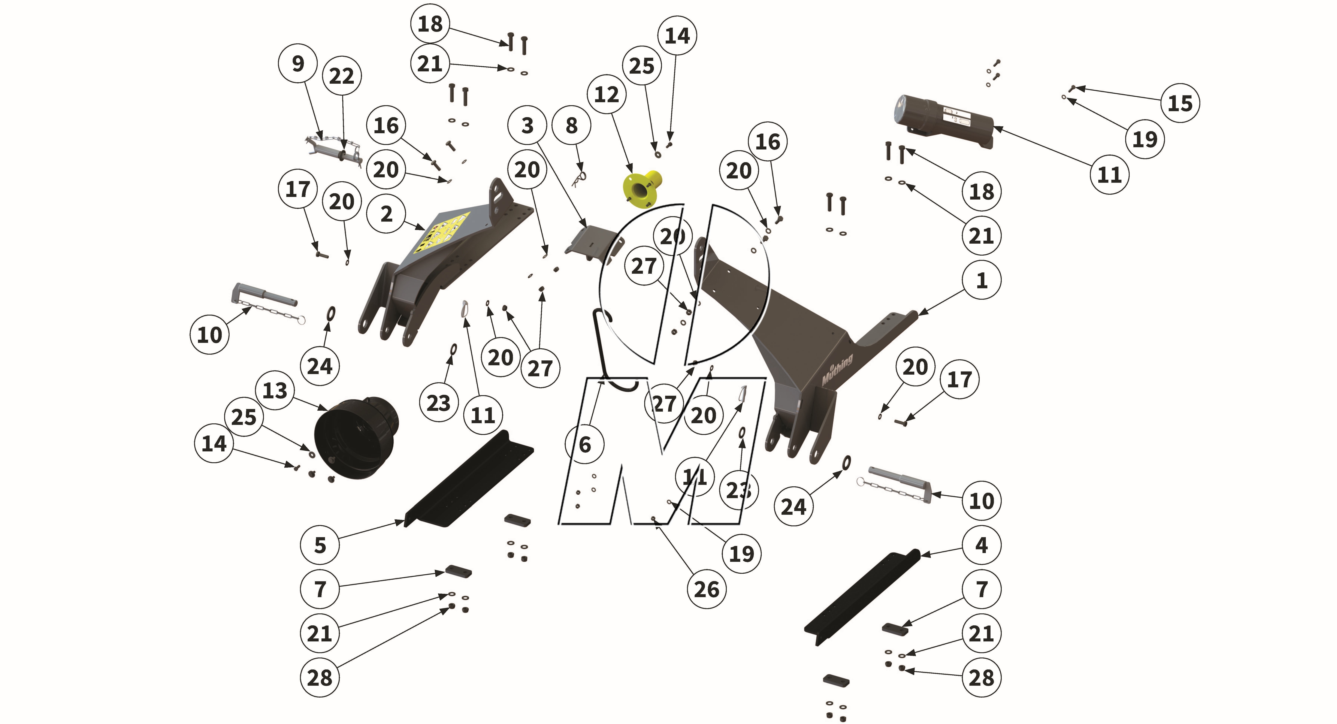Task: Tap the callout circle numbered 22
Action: [341, 76]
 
